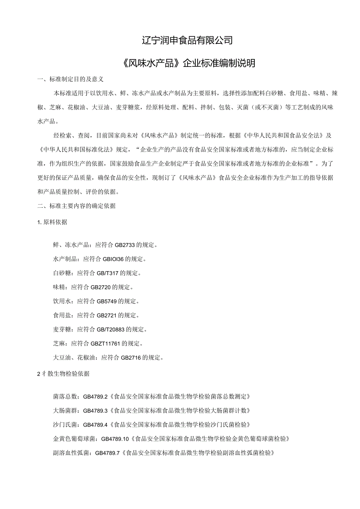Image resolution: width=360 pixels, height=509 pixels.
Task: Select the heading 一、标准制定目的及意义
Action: tap(70, 79)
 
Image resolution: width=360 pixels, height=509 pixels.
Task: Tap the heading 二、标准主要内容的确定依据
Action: tap(76, 206)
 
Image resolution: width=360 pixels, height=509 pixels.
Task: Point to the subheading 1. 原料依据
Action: tap(52, 222)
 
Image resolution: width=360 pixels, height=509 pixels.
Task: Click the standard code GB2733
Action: tap(124, 245)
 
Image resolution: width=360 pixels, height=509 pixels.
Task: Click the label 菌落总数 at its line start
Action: tap(65, 397)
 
